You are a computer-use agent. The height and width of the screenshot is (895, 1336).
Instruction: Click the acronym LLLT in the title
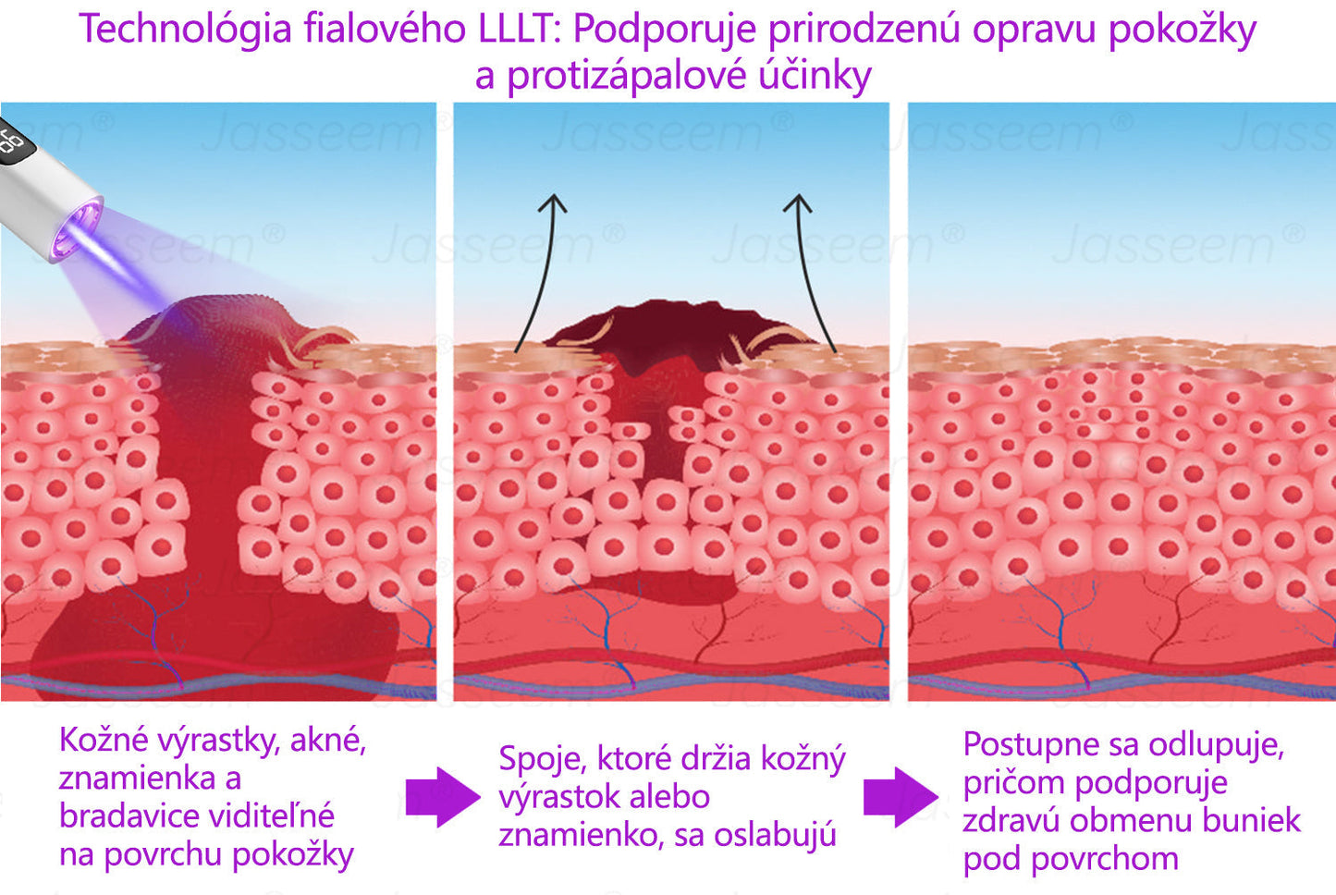pyautogui.click(x=521, y=30)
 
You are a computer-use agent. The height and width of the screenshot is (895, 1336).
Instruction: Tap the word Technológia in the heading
pyautogui.click(x=184, y=30)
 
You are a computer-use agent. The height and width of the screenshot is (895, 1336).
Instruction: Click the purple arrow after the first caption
pyautogui.click(x=443, y=796)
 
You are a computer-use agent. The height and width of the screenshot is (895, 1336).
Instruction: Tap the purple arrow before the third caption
pyautogui.click(x=901, y=796)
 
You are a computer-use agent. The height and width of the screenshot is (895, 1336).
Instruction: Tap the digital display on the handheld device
pyautogui.click(x=13, y=143)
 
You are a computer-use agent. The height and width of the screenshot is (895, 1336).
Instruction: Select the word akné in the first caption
pyautogui.click(x=328, y=741)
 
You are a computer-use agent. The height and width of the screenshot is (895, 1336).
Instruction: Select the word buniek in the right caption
pyautogui.click(x=1255, y=821)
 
